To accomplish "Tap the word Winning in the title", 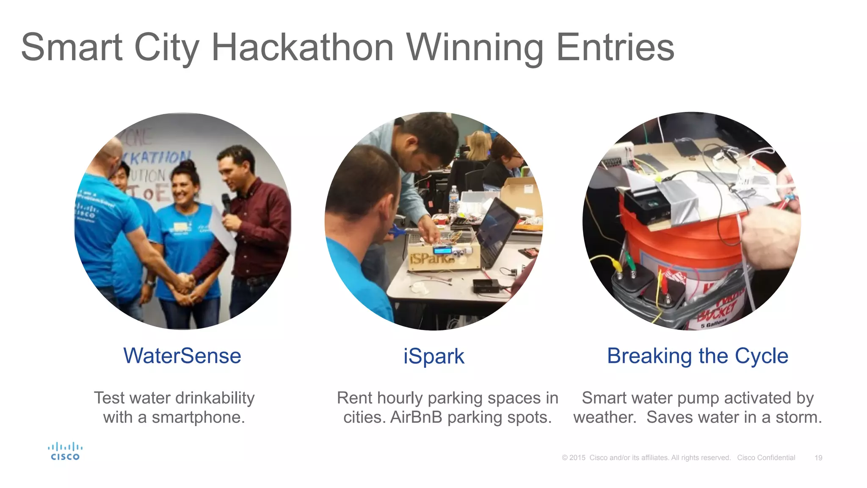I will point(475,47).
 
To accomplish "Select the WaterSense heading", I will point(182,356).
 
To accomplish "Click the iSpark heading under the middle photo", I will point(433,356).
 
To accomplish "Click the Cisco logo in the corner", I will point(65,451).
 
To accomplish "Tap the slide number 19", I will point(818,458).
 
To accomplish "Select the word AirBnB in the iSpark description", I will point(416,418).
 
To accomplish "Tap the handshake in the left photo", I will point(185,283).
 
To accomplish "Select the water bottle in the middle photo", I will point(453,199).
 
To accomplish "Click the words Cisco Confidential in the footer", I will point(766,458).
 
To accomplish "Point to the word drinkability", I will point(215,398).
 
